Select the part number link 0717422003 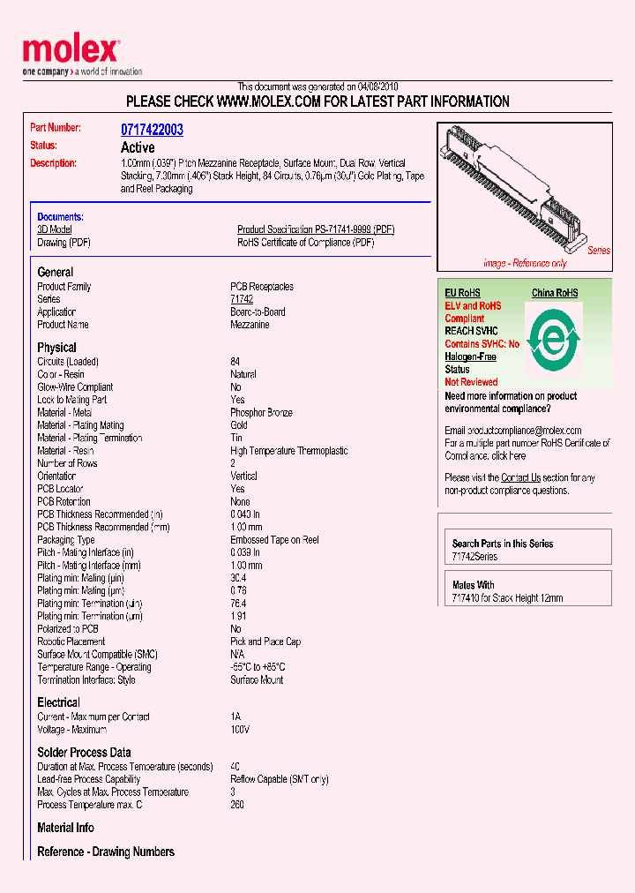point(152,130)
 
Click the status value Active point(138,147)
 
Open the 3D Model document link point(55,229)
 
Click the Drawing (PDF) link point(63,242)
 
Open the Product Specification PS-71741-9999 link point(316,229)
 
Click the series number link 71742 point(242,299)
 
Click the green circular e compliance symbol point(553,340)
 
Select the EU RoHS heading point(462,293)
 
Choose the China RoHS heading point(555,293)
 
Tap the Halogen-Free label point(470,356)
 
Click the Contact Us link point(520,477)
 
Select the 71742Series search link point(474,557)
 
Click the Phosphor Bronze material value point(261,413)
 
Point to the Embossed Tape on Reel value point(274,540)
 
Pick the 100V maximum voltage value point(240,730)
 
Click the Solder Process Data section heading point(84,752)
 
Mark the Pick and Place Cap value point(265,642)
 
